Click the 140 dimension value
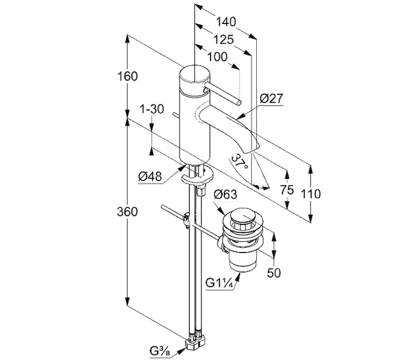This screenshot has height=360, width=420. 226,22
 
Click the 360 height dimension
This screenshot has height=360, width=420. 128,212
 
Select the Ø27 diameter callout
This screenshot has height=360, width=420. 271,99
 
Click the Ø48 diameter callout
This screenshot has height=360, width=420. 150,175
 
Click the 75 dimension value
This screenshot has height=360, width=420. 287,190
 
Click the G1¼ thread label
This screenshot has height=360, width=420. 219,283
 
